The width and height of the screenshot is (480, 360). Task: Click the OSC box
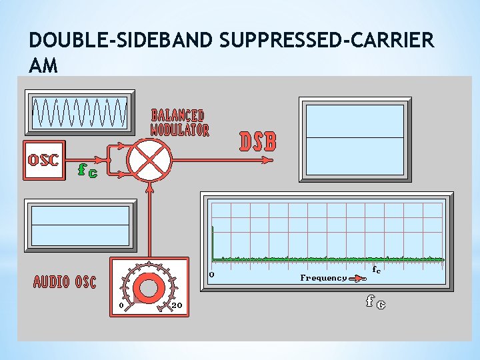tap(43, 160)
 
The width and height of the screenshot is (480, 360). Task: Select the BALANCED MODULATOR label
tap(179, 123)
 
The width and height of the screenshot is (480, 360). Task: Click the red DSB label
tap(257, 141)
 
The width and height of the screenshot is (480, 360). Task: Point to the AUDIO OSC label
tap(65, 282)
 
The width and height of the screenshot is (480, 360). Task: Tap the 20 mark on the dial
tap(177, 305)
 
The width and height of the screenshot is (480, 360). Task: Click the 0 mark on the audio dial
tap(121, 305)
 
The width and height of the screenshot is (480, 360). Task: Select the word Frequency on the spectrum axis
tap(323, 278)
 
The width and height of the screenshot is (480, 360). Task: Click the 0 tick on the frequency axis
tap(211, 274)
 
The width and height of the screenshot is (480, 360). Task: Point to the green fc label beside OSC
tap(87, 171)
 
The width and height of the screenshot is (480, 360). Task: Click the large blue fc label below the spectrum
tap(375, 302)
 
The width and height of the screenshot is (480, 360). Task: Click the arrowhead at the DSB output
tap(269, 159)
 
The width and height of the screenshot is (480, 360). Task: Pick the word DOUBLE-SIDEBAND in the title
tap(121, 41)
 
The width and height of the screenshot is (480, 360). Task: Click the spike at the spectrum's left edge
tap(213, 243)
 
